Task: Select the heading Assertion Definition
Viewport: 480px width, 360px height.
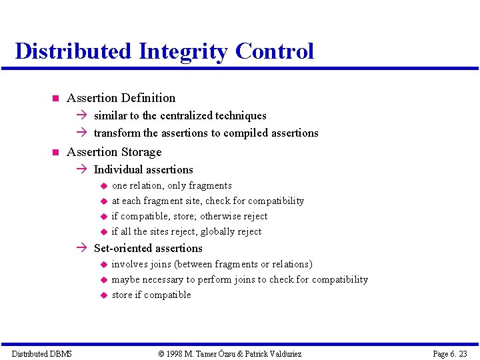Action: point(121,98)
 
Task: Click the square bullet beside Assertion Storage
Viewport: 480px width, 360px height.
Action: point(55,153)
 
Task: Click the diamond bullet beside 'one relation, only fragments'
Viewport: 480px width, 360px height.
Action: point(104,186)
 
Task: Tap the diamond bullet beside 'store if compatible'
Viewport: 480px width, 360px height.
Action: point(104,295)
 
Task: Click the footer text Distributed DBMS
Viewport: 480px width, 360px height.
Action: point(42,353)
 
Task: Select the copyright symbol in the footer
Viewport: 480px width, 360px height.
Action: point(161,353)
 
